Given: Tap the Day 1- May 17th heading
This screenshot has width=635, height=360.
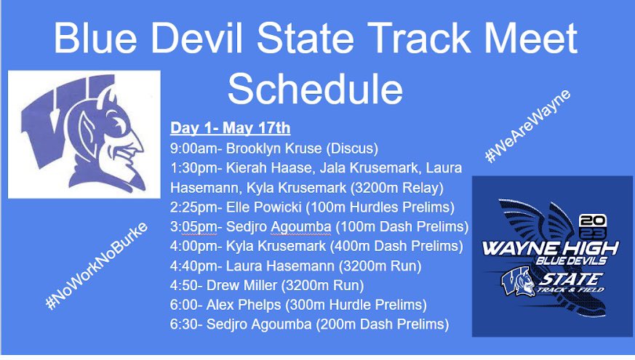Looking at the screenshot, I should pos(230,129).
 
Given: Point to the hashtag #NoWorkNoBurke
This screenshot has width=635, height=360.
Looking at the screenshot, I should pos(97,265).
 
